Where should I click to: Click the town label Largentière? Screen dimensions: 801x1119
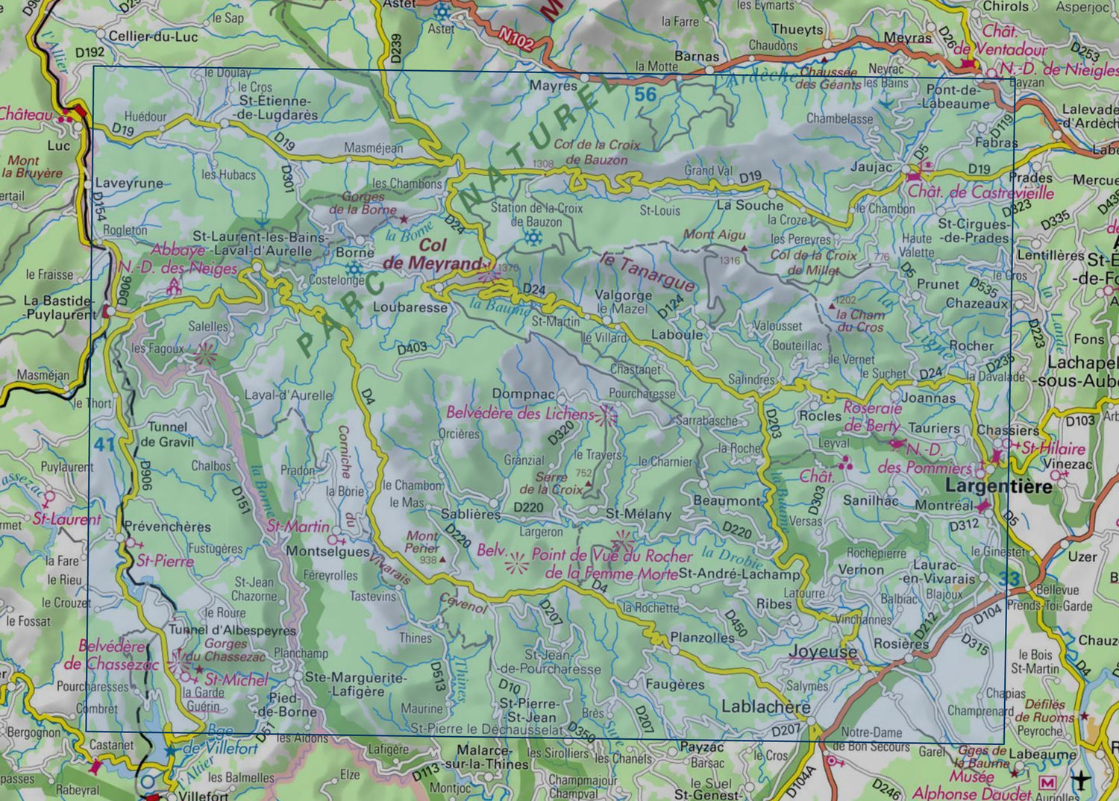click(x=998, y=486)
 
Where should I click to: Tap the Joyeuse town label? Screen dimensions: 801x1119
click(x=823, y=651)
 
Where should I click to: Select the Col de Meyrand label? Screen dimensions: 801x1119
click(x=433, y=254)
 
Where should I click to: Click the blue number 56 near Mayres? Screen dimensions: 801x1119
click(x=645, y=94)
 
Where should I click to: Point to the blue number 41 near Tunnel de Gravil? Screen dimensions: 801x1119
click(x=104, y=445)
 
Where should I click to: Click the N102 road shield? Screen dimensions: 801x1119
click(x=516, y=38)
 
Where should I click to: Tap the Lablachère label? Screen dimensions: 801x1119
click(x=765, y=706)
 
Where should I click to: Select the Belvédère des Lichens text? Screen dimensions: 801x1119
click(x=520, y=412)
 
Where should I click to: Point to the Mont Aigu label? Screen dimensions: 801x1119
click(x=714, y=234)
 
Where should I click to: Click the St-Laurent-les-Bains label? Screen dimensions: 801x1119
click(x=260, y=236)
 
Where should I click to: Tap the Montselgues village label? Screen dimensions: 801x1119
click(x=327, y=551)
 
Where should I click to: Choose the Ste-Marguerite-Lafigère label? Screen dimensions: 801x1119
click(x=357, y=684)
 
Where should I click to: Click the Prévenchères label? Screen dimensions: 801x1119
click(x=167, y=526)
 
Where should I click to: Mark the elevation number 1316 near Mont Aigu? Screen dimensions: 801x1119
click(x=730, y=260)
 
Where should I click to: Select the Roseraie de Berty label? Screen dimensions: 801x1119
click(x=872, y=417)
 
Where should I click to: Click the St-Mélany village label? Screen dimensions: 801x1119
click(x=638, y=514)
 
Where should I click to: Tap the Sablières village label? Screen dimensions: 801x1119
click(x=471, y=514)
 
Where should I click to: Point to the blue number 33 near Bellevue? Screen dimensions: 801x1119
click(x=1009, y=579)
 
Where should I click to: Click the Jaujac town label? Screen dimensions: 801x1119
click(x=871, y=166)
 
